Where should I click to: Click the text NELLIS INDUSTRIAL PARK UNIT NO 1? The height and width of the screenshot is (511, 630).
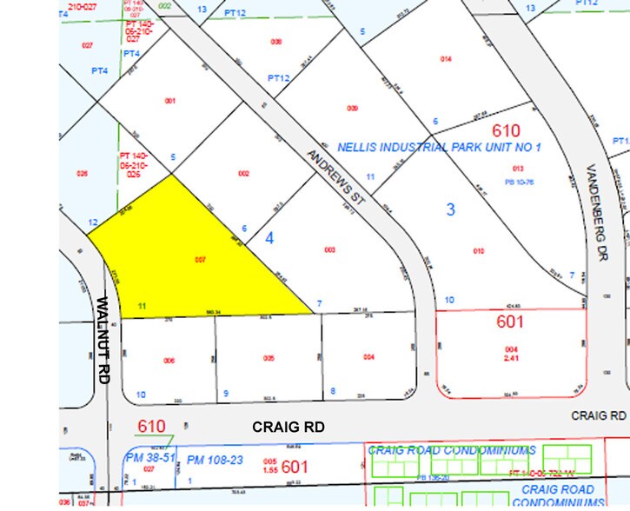point(443,147)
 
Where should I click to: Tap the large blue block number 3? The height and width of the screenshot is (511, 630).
point(450,209)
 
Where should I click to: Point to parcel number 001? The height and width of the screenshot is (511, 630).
point(169,101)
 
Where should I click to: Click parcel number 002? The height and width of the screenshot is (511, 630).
point(243,174)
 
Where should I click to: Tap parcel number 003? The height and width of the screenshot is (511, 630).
point(329,249)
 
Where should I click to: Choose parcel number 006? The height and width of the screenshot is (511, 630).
point(169,360)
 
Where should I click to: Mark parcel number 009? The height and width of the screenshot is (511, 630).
point(352,108)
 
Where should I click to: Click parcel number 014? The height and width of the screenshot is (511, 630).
point(447,58)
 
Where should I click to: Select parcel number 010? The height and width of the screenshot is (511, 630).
point(478,251)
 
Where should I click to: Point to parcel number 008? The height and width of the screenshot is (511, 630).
point(276,42)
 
